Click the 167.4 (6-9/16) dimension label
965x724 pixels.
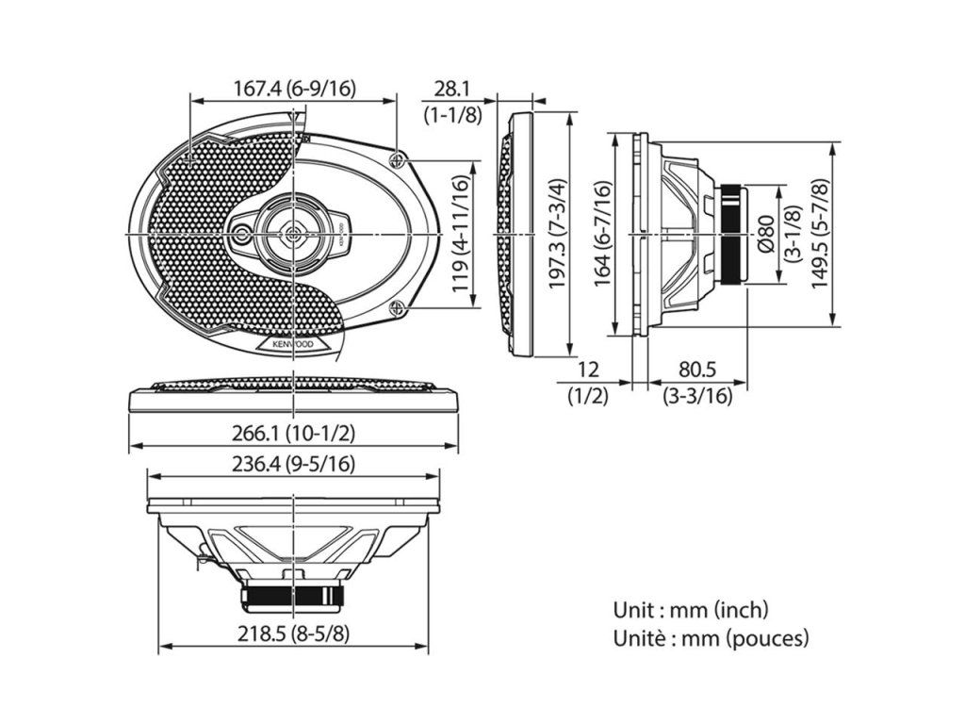pos(294,89)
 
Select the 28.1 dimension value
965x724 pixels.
pos(451,89)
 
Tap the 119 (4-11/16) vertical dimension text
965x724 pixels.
pos(461,234)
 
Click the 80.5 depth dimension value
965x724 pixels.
pos(697,370)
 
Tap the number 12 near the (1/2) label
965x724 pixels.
pos(588,370)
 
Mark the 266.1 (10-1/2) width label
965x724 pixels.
pos(293,433)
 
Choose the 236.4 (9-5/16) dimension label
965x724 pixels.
pos(293,464)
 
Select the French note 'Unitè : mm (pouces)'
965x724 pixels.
pos(711,638)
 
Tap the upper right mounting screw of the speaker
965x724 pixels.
pos(401,158)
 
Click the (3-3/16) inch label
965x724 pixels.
pos(697,396)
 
